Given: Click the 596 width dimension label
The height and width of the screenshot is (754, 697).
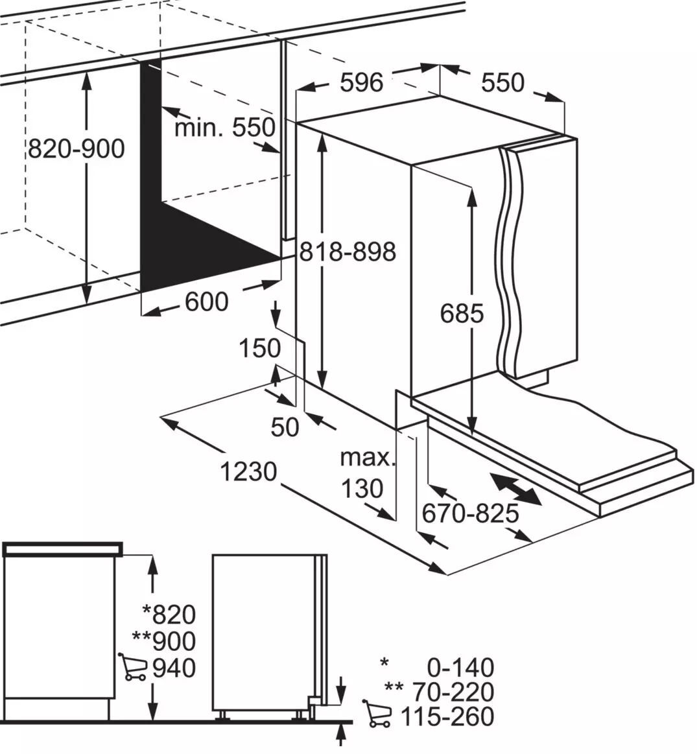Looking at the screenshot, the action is pyautogui.click(x=362, y=82).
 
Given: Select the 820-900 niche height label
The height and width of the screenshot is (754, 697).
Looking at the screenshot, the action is pyautogui.click(x=76, y=148).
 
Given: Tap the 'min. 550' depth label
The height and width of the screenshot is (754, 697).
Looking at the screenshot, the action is pyautogui.click(x=224, y=128).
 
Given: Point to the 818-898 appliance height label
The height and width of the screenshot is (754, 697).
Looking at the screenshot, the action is pyautogui.click(x=348, y=251).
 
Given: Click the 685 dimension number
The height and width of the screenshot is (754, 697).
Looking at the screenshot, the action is pyautogui.click(x=462, y=314).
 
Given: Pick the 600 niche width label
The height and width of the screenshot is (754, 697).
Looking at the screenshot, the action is pyautogui.click(x=207, y=302).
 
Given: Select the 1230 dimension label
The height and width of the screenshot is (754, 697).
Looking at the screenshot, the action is pyautogui.click(x=248, y=471).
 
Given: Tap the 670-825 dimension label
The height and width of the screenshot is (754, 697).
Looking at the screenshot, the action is pyautogui.click(x=471, y=513).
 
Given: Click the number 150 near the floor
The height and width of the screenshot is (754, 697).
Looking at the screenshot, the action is pyautogui.click(x=260, y=348).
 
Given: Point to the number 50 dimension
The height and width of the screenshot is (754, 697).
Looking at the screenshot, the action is pyautogui.click(x=285, y=427).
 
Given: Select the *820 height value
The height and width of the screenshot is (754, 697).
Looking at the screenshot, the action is pyautogui.click(x=170, y=615).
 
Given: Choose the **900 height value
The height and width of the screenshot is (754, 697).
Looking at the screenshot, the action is pyautogui.click(x=164, y=641).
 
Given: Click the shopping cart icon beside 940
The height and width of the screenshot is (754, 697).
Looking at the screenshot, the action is pyautogui.click(x=133, y=667).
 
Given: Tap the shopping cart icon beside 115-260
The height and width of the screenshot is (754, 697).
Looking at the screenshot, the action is pyautogui.click(x=377, y=714).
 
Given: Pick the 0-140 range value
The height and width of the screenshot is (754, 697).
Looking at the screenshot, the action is pyautogui.click(x=460, y=668).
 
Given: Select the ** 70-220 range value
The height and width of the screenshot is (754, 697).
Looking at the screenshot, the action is pyautogui.click(x=440, y=692).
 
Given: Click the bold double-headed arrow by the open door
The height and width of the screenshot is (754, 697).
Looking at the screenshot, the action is pyautogui.click(x=515, y=489).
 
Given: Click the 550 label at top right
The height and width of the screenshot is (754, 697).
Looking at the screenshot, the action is pyautogui.click(x=502, y=82).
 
